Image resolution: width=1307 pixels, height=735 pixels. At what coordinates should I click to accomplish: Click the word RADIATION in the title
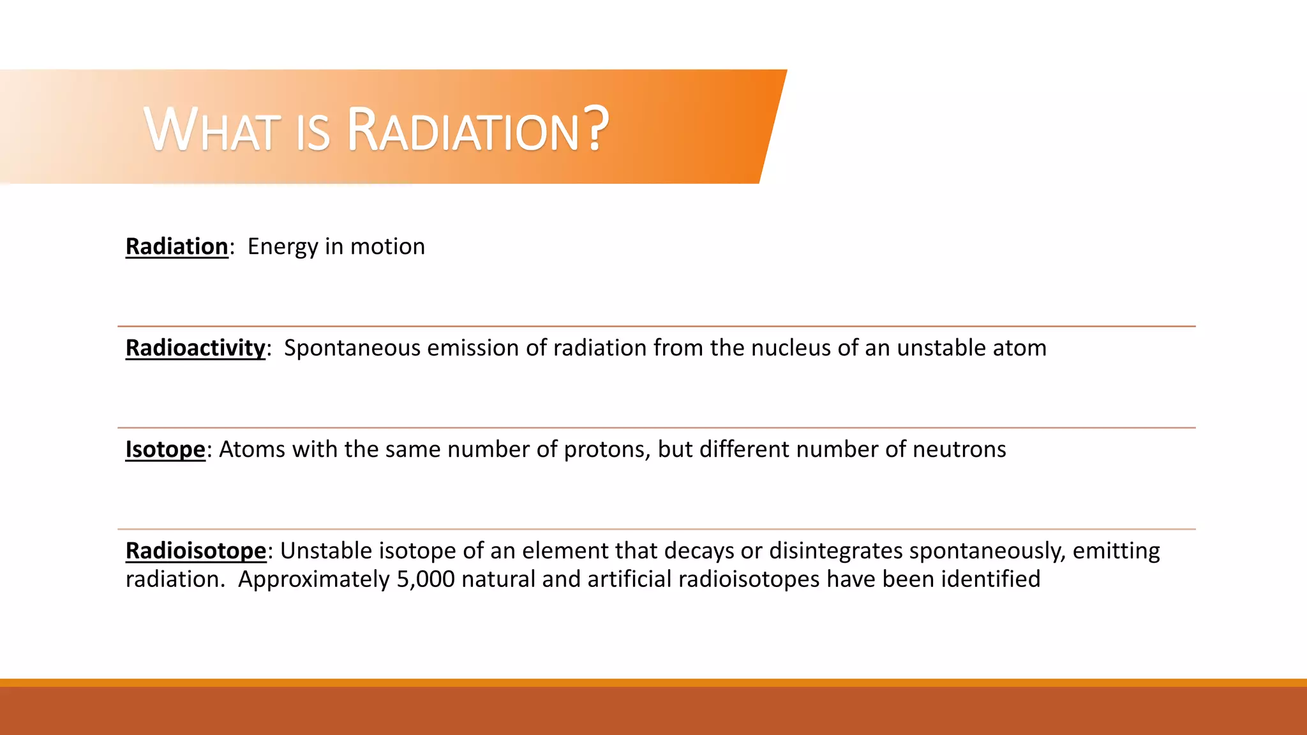click(x=463, y=131)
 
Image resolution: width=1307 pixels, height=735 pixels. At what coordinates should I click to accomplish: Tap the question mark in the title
click(x=596, y=129)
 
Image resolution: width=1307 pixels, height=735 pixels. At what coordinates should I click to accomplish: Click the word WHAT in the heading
click(x=213, y=131)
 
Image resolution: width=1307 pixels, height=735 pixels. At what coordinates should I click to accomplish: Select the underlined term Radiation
click(x=177, y=246)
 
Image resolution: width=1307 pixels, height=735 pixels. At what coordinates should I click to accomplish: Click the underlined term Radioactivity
click(x=195, y=348)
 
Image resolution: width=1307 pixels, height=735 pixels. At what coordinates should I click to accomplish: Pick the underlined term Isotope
click(x=165, y=449)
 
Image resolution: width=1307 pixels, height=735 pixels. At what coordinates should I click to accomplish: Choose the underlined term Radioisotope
click(x=196, y=551)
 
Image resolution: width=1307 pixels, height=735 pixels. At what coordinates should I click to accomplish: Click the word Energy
click(x=283, y=247)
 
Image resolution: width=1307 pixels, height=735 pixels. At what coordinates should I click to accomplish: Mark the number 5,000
click(x=426, y=579)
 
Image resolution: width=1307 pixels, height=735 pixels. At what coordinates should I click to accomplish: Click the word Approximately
click(x=313, y=580)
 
